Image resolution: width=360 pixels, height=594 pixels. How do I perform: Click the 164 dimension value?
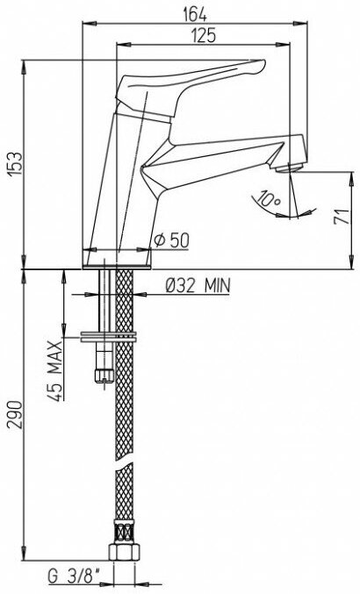tap(195, 14)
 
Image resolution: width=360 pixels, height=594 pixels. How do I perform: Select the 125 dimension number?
tap(203, 36)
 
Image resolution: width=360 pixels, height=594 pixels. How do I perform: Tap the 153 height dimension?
tap(16, 164)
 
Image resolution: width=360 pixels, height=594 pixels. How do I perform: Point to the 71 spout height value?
tap(341, 217)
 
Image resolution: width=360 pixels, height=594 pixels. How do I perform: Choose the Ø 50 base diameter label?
tap(172, 240)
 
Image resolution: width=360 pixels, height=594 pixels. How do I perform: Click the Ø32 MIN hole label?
tap(198, 286)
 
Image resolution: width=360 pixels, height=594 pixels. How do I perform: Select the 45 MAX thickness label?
tap(55, 370)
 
